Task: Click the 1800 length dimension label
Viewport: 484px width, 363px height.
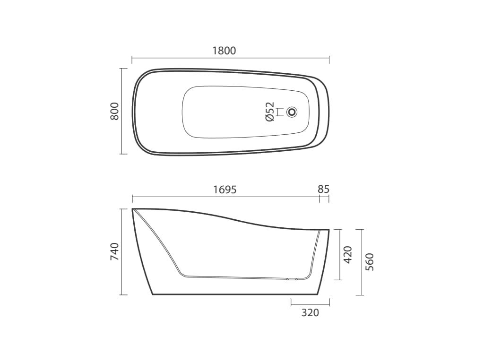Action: pyautogui.click(x=225, y=50)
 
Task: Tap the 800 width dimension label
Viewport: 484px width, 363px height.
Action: pyautogui.click(x=114, y=111)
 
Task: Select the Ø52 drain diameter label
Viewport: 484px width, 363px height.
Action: pyautogui.click(x=269, y=112)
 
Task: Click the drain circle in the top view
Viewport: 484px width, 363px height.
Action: pyautogui.click(x=292, y=112)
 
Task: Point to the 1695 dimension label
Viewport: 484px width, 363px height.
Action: pyautogui.click(x=225, y=189)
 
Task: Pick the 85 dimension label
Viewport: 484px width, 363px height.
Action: pyautogui.click(x=324, y=189)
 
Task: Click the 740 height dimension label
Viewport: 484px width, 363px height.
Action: pyautogui.click(x=114, y=251)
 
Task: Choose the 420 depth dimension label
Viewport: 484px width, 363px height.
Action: pyautogui.click(x=348, y=255)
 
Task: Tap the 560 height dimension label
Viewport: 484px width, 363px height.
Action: pyautogui.click(x=370, y=262)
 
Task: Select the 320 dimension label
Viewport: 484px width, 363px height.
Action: pyautogui.click(x=310, y=313)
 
